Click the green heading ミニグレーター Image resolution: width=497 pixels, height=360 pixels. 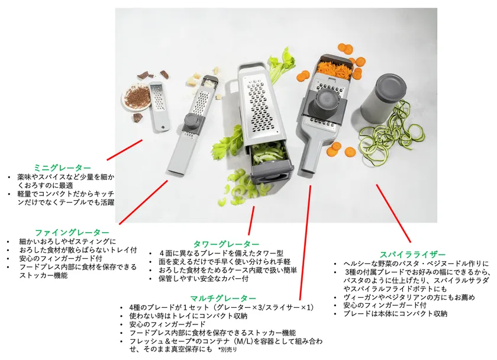63,168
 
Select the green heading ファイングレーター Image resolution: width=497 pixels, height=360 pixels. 72,233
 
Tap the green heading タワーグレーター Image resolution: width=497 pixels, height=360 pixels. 226,244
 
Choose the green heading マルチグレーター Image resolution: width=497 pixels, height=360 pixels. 223,298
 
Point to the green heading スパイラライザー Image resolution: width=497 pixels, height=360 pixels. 413,255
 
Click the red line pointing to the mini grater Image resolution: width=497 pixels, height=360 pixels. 125,150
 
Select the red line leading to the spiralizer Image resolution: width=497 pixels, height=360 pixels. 393,213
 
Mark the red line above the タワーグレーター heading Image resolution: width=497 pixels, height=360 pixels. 251,220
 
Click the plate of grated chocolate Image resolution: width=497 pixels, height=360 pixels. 137,97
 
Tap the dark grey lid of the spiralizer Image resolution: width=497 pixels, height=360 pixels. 391,86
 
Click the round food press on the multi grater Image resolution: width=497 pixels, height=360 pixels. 325,102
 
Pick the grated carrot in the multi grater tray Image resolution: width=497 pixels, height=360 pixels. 335,69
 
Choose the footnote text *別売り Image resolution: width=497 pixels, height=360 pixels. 227,350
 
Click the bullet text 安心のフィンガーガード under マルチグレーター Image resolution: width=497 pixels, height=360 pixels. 167,324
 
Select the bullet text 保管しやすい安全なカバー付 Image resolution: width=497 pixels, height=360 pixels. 203,278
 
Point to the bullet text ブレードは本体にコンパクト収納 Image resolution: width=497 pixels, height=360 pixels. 395,314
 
